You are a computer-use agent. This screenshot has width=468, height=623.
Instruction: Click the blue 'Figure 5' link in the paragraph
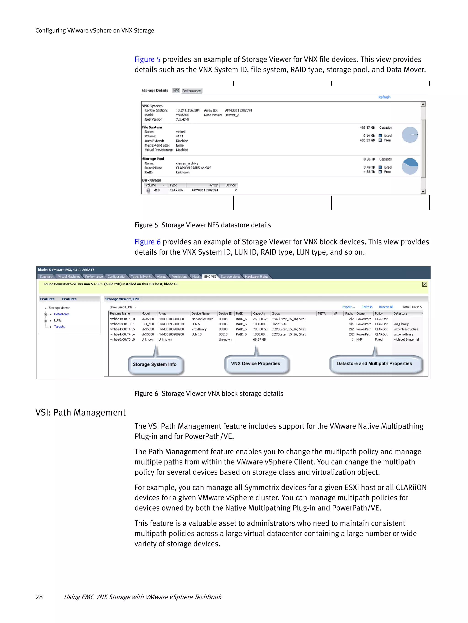pyautogui.click(x=147, y=59)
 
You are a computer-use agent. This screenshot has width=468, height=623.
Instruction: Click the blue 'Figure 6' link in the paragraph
pyautogui.click(x=147, y=242)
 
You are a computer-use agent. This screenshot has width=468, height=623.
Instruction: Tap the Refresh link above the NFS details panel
pyautogui.click(x=384, y=97)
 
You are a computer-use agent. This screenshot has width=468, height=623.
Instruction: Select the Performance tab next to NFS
pyautogui.click(x=191, y=91)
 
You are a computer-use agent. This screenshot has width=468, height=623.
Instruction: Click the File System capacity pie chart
pyautogui.click(x=410, y=135)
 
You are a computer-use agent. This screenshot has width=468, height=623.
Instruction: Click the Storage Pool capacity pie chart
pyautogui.click(x=410, y=166)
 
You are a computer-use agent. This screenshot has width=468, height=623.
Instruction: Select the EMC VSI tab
pyautogui.click(x=210, y=277)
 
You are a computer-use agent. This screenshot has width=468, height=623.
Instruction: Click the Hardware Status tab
pyautogui.click(x=257, y=277)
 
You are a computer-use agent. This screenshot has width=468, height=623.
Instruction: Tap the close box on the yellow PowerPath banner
pyautogui.click(x=424, y=285)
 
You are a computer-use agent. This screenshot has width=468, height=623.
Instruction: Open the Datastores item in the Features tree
pyautogui.click(x=62, y=314)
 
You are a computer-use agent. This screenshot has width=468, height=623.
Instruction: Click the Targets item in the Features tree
pyautogui.click(x=59, y=327)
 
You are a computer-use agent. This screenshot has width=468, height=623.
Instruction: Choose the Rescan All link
pyautogui.click(x=386, y=307)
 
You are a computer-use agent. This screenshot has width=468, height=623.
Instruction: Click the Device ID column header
pyautogui.click(x=225, y=314)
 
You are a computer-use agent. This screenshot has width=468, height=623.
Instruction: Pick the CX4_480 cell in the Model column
pyautogui.click(x=148, y=324)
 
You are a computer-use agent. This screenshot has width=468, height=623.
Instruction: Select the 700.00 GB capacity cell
pyautogui.click(x=260, y=329)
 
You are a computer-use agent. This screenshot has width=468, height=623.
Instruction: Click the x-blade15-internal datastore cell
pyautogui.click(x=406, y=340)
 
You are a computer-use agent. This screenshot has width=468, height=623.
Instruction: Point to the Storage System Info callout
pyautogui.click(x=155, y=365)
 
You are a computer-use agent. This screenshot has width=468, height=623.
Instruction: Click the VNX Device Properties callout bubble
pyautogui.click(x=255, y=364)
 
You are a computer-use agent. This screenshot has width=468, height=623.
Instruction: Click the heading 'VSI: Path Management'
pyautogui.click(x=80, y=413)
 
